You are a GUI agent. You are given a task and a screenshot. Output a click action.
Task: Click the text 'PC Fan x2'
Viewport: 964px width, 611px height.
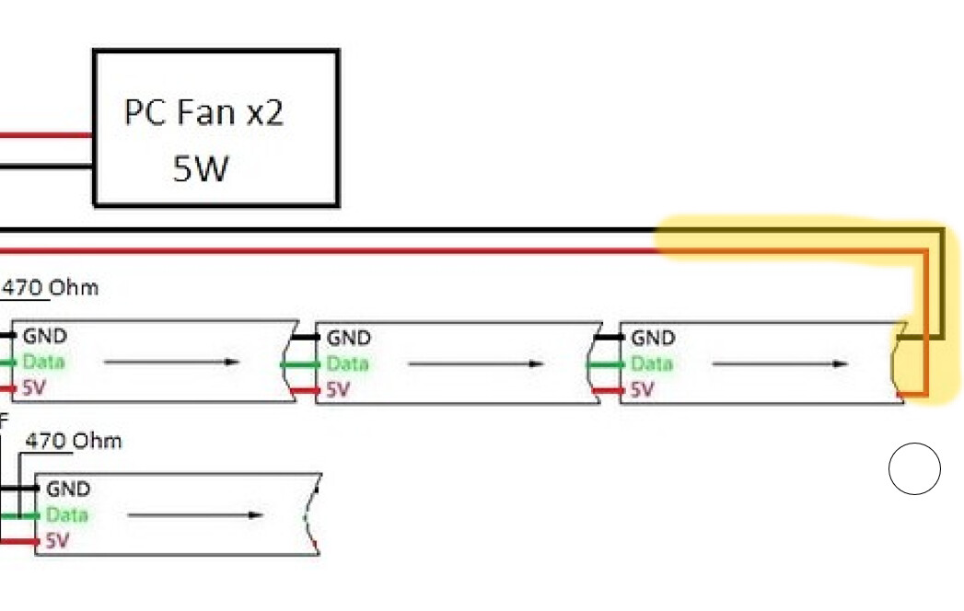point(203,112)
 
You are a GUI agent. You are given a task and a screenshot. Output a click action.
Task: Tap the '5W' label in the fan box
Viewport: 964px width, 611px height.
point(201,168)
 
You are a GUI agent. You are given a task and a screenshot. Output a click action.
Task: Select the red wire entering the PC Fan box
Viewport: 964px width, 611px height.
point(46,135)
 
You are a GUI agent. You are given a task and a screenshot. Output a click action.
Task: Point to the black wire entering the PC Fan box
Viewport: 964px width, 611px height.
point(46,166)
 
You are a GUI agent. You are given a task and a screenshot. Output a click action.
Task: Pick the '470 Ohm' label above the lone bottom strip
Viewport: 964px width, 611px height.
point(74,441)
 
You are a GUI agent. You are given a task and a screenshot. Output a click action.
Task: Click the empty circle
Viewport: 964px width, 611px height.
point(914,468)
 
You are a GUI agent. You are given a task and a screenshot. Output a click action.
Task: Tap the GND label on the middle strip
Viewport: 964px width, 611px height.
point(349,338)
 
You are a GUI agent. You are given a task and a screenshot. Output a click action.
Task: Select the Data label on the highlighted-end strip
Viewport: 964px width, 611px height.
point(652,363)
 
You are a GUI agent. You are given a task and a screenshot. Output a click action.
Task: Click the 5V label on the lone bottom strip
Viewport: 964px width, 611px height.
point(56,541)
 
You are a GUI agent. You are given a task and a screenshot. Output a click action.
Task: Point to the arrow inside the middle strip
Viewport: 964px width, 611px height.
point(476,363)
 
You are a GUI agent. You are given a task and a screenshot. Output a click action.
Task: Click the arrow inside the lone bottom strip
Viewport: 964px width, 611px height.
point(195,515)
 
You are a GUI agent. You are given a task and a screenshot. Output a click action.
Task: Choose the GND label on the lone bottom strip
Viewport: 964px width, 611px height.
point(67,490)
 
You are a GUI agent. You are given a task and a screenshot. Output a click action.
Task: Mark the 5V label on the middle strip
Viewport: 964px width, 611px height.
point(338,390)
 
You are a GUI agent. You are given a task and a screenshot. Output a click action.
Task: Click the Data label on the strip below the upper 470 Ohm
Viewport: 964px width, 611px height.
point(43,362)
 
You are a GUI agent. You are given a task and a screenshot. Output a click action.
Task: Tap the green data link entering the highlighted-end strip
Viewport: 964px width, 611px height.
point(605,365)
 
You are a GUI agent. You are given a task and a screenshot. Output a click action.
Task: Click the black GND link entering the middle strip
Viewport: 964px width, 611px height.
point(306,337)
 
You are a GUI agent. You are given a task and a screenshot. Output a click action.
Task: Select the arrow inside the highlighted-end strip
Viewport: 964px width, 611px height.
point(780,363)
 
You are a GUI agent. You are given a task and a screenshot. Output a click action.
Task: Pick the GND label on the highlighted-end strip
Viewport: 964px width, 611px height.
point(653,338)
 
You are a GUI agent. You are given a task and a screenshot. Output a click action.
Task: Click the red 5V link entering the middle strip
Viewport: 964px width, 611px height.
point(305,390)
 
